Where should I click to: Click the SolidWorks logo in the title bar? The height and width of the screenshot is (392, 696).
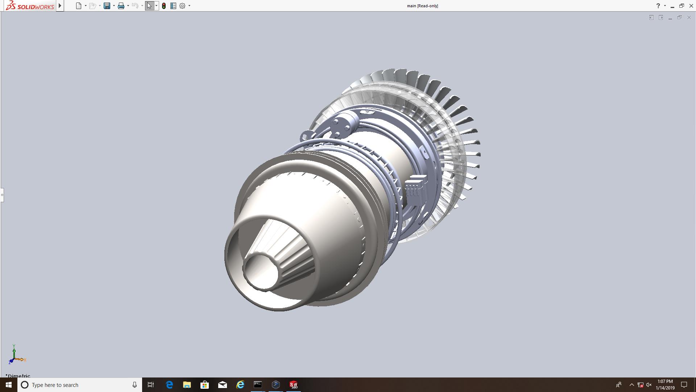30,6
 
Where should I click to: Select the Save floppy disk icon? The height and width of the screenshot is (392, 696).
107,6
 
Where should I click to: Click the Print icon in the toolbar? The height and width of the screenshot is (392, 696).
121,6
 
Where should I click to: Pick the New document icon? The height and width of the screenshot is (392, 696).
79,6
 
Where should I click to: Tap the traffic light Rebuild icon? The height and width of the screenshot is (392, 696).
164,6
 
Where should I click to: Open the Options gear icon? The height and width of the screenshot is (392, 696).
182,6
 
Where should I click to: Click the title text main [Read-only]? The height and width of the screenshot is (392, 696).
422,6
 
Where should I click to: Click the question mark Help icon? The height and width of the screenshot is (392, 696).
658,6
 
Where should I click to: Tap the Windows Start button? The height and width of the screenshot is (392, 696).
9,385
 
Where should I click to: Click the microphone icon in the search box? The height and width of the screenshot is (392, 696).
134,385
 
